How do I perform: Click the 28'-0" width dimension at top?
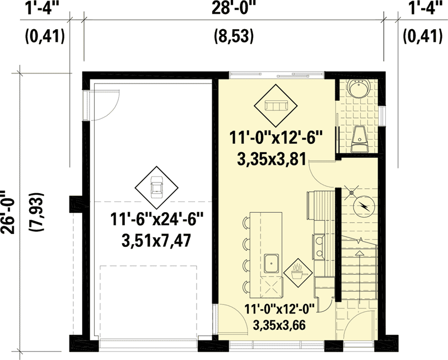click(x=234, y=8)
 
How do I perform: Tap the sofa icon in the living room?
click(x=277, y=106)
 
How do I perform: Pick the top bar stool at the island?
click(x=246, y=223)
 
